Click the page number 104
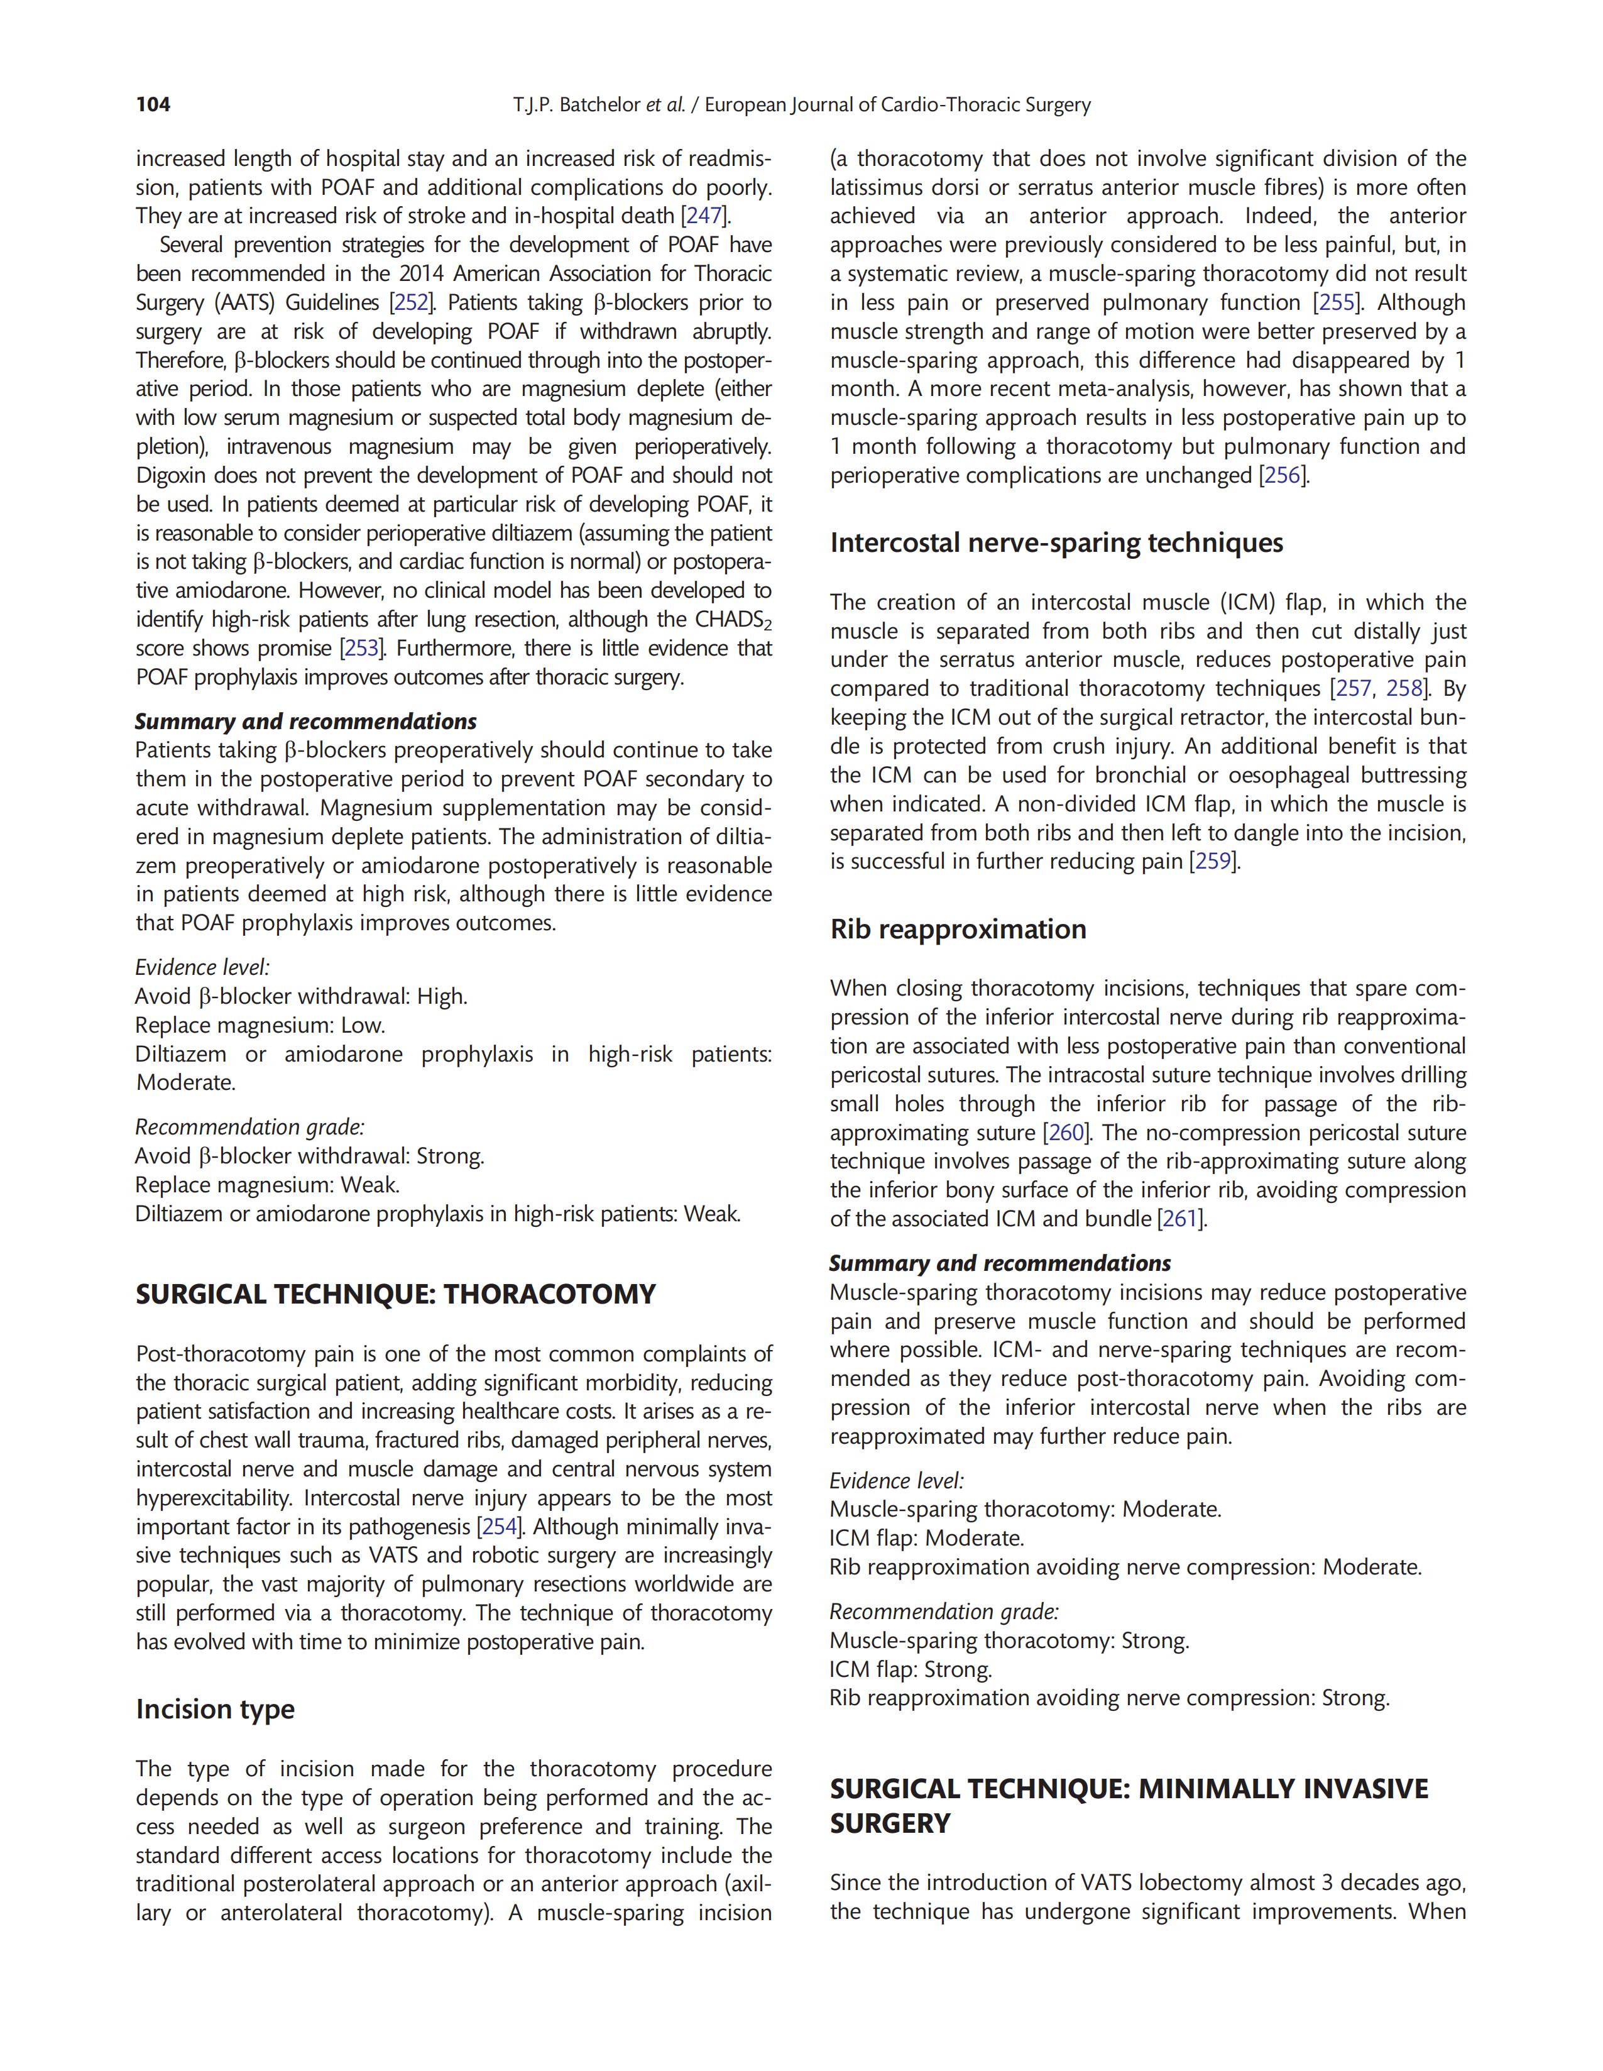pyautogui.click(x=153, y=104)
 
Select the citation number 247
pyautogui.click(x=703, y=216)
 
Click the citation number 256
pyautogui.click(x=1283, y=476)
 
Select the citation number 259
pyautogui.click(x=1212, y=862)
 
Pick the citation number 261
pyautogui.click(x=1180, y=1219)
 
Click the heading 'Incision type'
pyautogui.click(x=215, y=1710)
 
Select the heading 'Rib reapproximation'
pyautogui.click(x=958, y=930)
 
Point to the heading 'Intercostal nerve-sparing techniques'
pyautogui.click(x=1057, y=543)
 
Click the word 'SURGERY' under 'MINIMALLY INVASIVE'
pyautogui.click(x=890, y=1823)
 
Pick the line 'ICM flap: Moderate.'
pyautogui.click(x=926, y=1538)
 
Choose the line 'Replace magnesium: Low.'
pyautogui.click(x=260, y=1026)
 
